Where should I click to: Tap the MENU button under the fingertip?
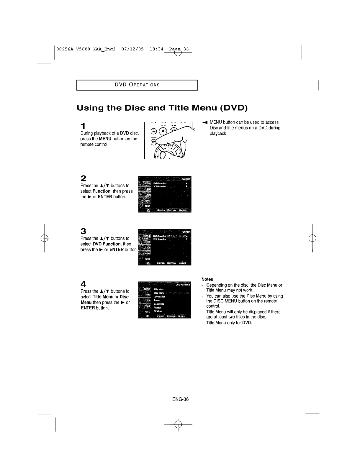[153, 142]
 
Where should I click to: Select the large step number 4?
[84, 284]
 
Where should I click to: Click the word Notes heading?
[207, 279]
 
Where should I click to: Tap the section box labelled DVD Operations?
[137, 85]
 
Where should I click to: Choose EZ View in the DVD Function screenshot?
[158, 311]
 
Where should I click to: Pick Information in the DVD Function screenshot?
[159, 297]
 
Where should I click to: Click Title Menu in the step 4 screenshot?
[159, 289]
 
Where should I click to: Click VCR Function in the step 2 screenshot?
[160, 186]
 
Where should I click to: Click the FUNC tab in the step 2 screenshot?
[147, 206]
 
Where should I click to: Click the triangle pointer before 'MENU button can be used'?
[205, 122]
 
